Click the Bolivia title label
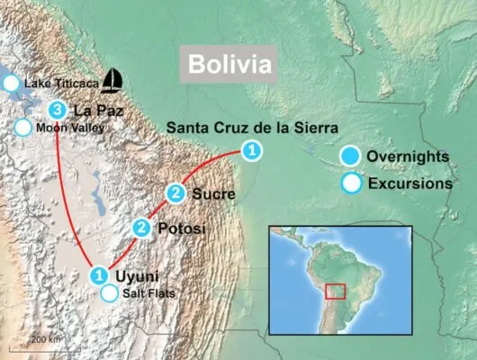coord(228,66)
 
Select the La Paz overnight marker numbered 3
coord(58,111)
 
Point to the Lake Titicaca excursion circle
coord(11,84)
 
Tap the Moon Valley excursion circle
coord(22,127)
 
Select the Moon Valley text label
coord(70,128)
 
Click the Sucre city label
coord(213,193)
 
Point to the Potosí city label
coord(182,229)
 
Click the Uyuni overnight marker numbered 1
coord(99,274)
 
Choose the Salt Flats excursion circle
coord(109,292)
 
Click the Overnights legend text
coord(408,157)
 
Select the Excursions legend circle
coord(353,184)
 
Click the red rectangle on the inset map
coord(336,291)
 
